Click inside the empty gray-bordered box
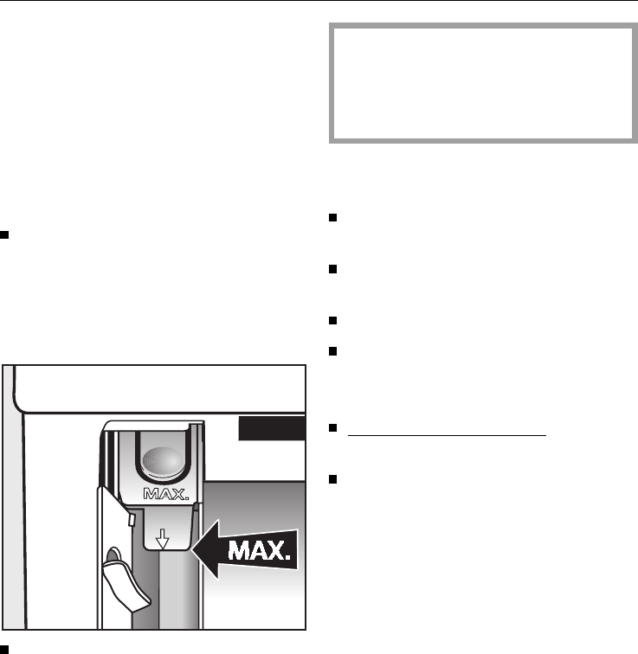[483, 83]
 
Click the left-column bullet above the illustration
[5, 234]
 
